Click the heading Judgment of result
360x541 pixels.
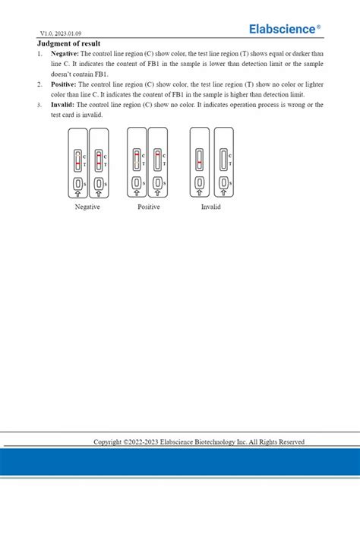point(68,44)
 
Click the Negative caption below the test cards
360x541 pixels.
point(87,207)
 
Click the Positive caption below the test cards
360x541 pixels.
point(149,207)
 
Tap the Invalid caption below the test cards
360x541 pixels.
point(210,207)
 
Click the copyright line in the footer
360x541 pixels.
point(199,441)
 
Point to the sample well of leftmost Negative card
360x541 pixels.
point(77,183)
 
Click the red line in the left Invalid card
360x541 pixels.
point(199,163)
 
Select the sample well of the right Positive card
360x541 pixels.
point(157,183)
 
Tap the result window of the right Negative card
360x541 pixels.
point(98,160)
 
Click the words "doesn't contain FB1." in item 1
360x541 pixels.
point(76,74)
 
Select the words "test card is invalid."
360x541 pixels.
point(77,115)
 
